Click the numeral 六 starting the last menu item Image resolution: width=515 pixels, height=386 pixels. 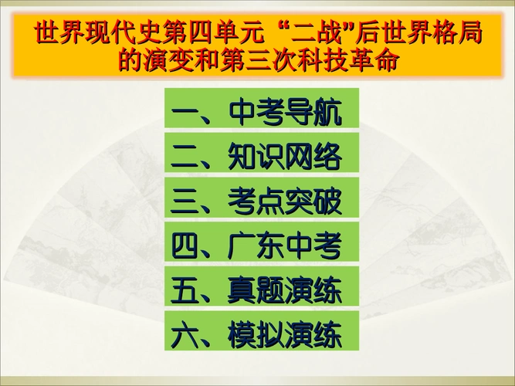[185, 334]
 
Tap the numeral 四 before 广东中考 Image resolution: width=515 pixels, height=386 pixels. [185, 245]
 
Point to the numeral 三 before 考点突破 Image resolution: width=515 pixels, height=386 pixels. [185, 201]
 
